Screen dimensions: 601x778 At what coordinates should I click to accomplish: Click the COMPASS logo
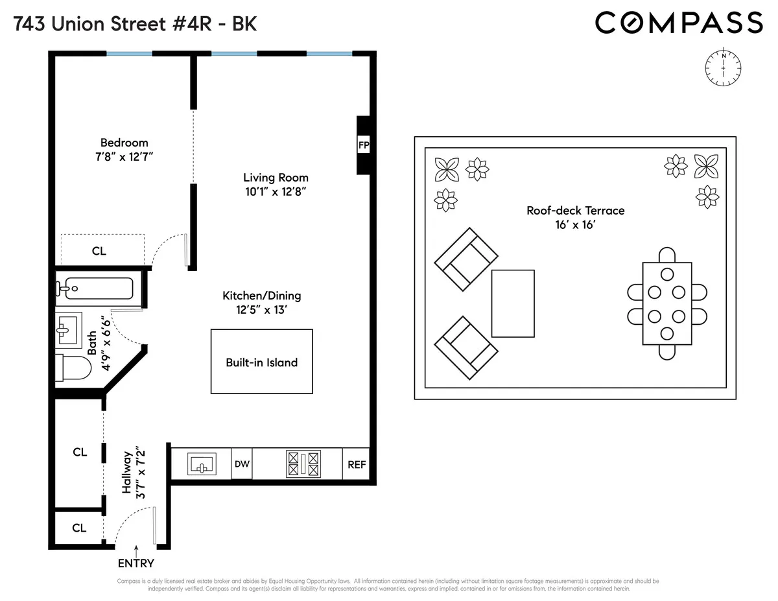[679, 23]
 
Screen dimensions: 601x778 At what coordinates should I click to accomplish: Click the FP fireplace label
[363, 145]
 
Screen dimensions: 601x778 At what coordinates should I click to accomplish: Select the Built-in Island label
[261, 362]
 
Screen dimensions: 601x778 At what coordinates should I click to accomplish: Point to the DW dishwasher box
[242, 464]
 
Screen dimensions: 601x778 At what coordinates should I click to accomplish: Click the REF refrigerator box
[356, 464]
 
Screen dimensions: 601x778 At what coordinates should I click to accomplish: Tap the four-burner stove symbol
[303, 464]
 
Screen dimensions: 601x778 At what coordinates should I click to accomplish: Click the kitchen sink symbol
[202, 464]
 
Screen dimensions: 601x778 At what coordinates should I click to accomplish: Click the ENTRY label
[136, 563]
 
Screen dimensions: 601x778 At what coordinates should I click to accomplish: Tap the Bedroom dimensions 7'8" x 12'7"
[124, 157]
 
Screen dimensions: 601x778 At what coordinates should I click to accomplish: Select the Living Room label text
[276, 177]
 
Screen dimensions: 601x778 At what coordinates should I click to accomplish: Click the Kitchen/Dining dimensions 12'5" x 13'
[261, 310]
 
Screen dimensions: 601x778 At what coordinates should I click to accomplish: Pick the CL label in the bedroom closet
[99, 251]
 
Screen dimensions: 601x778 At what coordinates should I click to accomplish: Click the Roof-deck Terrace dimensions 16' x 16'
[574, 225]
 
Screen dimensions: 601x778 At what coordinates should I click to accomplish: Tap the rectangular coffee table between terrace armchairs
[513, 303]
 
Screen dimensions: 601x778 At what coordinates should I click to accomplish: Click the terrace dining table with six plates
[666, 303]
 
